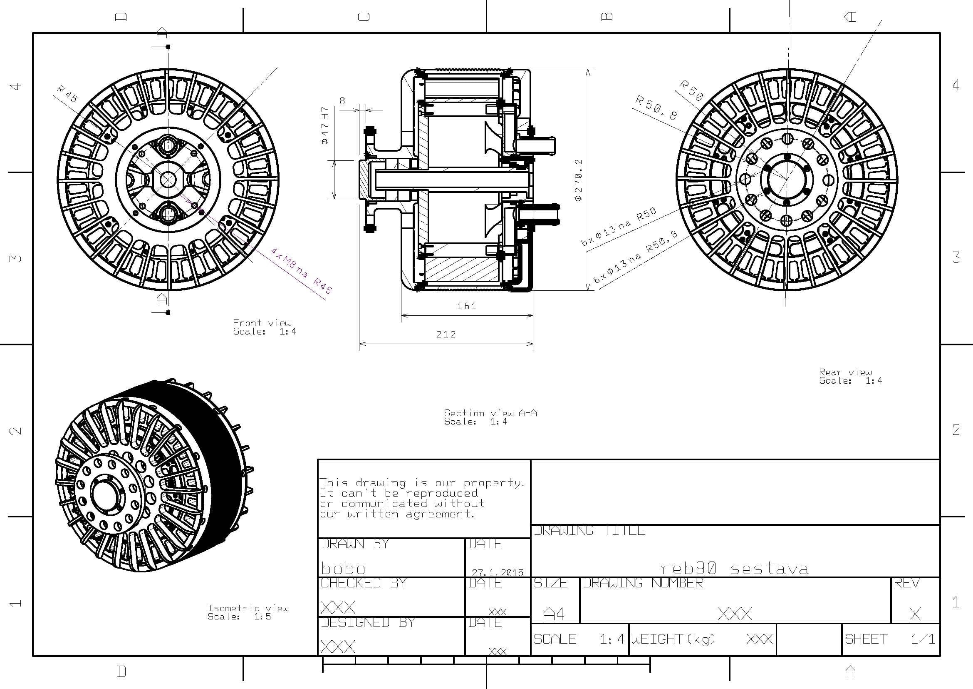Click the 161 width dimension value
click(467, 306)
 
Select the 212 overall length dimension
click(446, 335)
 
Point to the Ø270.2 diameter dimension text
click(578, 180)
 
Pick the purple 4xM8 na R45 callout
click(302, 271)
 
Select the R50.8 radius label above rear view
click(656, 108)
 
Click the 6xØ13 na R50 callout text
click(619, 227)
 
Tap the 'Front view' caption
click(262, 323)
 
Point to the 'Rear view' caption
click(845, 372)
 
